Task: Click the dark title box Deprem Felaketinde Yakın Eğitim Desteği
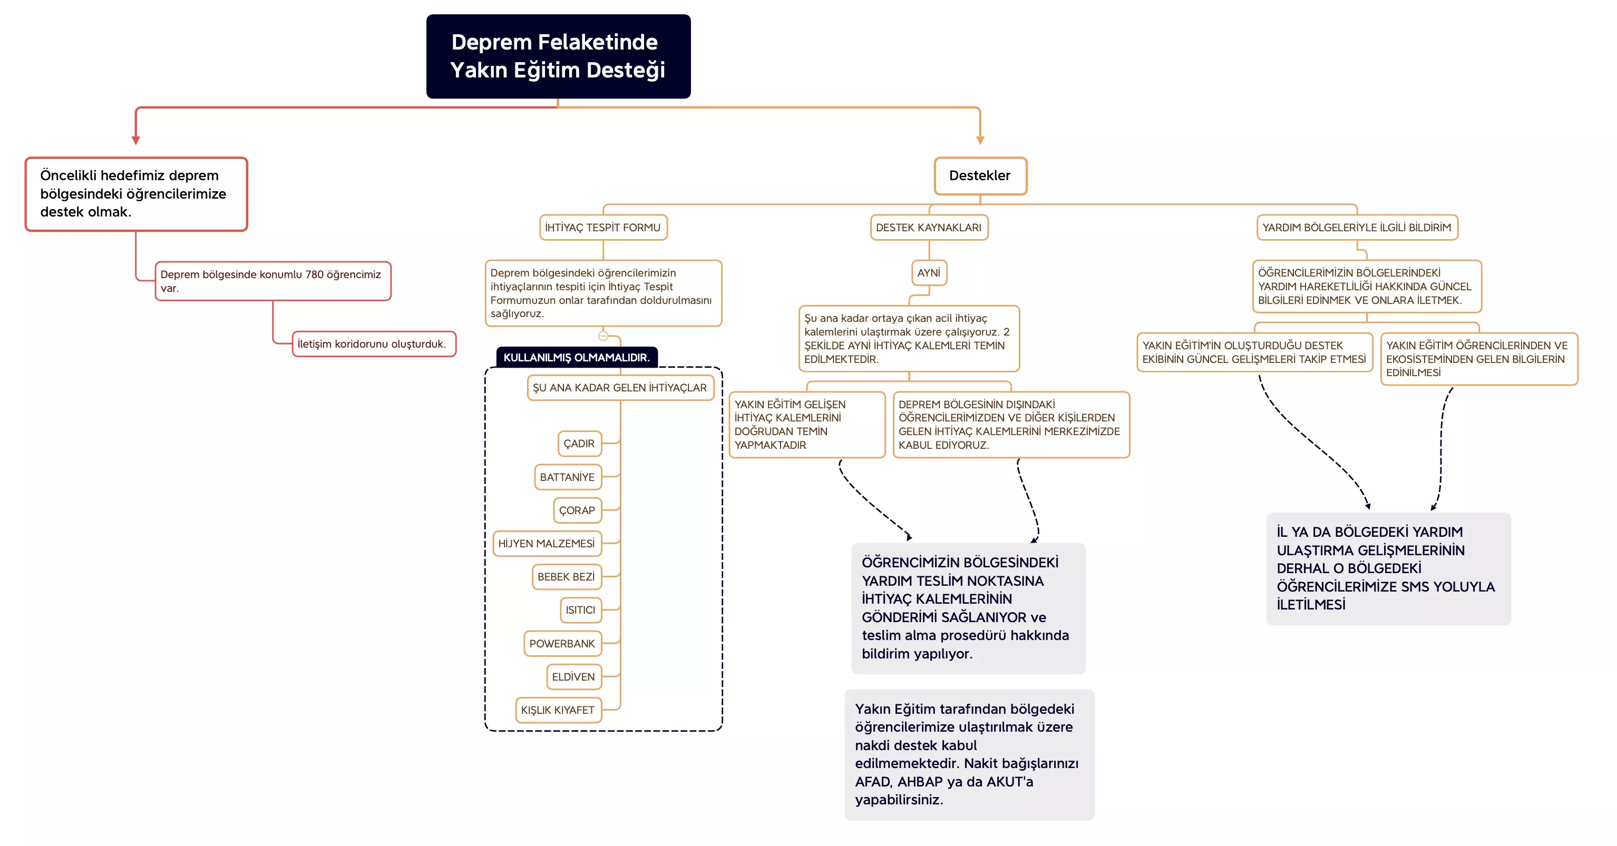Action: tap(558, 56)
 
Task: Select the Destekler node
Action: tap(979, 176)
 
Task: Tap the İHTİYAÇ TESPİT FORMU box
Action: tap(602, 227)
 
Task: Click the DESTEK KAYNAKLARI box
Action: tap(928, 227)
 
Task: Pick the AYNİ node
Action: tap(928, 273)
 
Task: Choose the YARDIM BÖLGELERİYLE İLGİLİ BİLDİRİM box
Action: tap(1357, 227)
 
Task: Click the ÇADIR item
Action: tap(579, 444)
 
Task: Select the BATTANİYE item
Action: tap(568, 477)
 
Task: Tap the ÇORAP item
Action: tap(577, 510)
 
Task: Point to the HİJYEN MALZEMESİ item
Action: tap(547, 544)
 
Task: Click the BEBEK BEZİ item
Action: tap(566, 577)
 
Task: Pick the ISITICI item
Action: tap(580, 610)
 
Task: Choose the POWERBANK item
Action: tap(562, 644)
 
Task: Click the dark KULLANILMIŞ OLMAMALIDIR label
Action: tap(576, 358)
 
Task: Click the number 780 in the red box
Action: tap(315, 275)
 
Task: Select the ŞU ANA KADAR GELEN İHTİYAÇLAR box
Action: tap(620, 388)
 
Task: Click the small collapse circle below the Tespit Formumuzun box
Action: tap(603, 336)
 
